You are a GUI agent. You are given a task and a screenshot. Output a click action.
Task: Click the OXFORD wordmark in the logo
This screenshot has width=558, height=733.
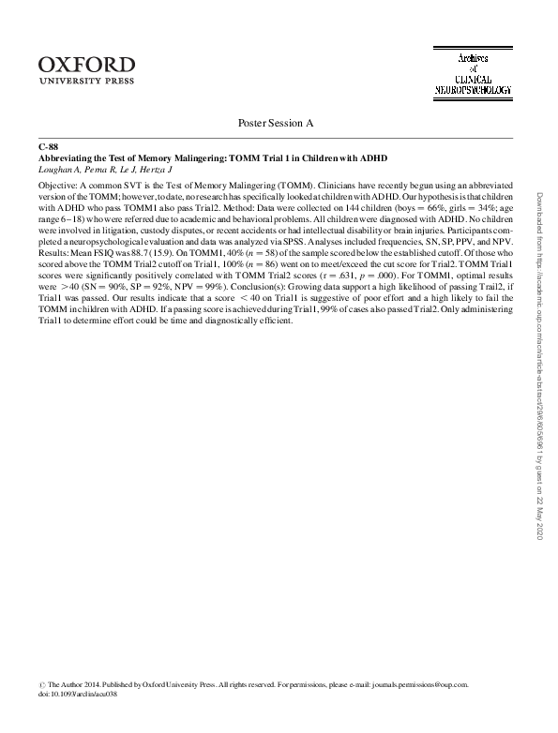tap(87, 65)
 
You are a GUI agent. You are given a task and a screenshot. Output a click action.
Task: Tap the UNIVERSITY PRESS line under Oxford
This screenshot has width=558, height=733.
tap(87, 82)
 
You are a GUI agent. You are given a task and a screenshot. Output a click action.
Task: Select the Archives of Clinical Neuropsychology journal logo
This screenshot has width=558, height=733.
tap(472, 75)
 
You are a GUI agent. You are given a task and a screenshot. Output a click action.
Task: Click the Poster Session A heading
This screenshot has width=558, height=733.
tap(279, 123)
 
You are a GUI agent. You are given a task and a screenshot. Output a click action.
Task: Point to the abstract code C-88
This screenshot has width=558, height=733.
tap(48, 147)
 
